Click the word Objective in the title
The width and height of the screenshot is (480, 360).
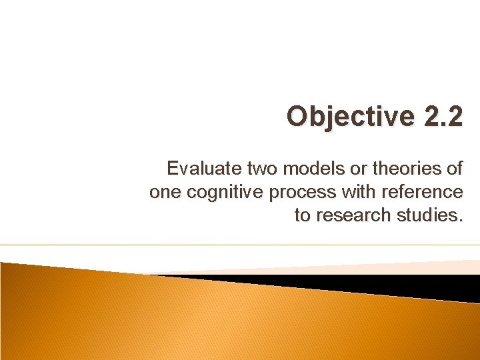(x=340, y=117)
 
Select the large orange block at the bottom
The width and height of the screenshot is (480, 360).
(x=200, y=320)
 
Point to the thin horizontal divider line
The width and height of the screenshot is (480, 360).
(x=240, y=245)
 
